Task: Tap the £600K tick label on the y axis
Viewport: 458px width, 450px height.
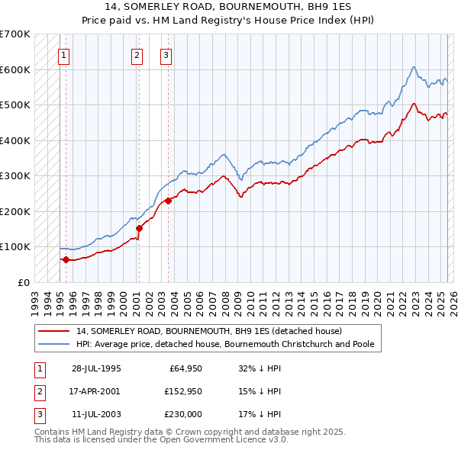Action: pyautogui.click(x=15, y=69)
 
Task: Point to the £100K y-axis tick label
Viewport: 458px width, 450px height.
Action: pyautogui.click(x=15, y=246)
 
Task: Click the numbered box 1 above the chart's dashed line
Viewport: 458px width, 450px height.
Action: pyautogui.click(x=63, y=55)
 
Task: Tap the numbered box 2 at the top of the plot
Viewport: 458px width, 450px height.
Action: pyautogui.click(x=137, y=55)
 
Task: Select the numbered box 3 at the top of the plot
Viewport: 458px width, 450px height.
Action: pyautogui.click(x=166, y=55)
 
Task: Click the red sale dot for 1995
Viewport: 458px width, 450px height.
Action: pyautogui.click(x=66, y=259)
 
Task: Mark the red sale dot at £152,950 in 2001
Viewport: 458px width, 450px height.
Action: pyautogui.click(x=139, y=228)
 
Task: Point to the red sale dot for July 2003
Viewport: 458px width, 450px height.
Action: pyautogui.click(x=168, y=201)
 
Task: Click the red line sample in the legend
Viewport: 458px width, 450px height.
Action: pyautogui.click(x=54, y=331)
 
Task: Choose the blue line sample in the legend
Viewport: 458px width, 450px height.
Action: pyautogui.click(x=54, y=344)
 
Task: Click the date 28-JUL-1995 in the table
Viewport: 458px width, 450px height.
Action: pyautogui.click(x=96, y=368)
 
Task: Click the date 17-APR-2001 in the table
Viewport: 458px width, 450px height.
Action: pyautogui.click(x=96, y=391)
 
